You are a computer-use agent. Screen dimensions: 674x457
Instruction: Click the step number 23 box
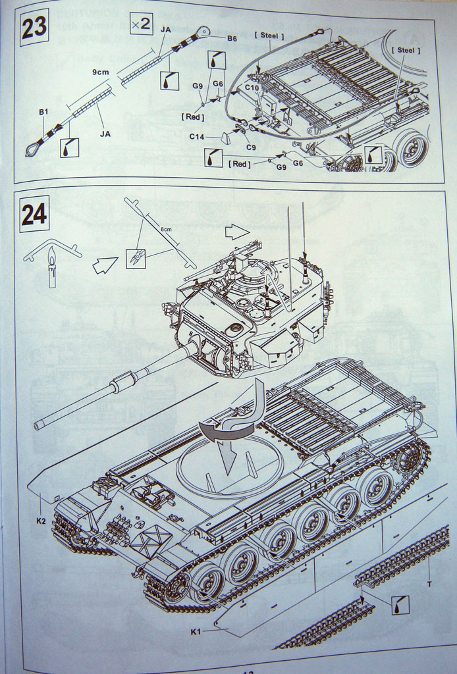pos(34,28)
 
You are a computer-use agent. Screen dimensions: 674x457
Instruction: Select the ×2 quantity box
pos(140,24)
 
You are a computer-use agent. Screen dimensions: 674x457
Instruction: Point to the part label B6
pos(232,39)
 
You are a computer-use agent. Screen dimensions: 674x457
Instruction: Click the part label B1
pos(43,112)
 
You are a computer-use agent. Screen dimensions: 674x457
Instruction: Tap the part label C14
pos(197,137)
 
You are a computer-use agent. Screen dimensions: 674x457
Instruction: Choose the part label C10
pos(252,86)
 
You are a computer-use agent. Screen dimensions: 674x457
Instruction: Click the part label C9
pos(251,147)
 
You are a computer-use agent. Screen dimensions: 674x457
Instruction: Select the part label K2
pos(41,521)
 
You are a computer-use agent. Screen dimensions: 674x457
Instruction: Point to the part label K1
pos(196,633)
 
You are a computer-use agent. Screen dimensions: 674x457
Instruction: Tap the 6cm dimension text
pos(166,228)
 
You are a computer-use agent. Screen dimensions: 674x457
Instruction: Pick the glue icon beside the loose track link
pos(400,605)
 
